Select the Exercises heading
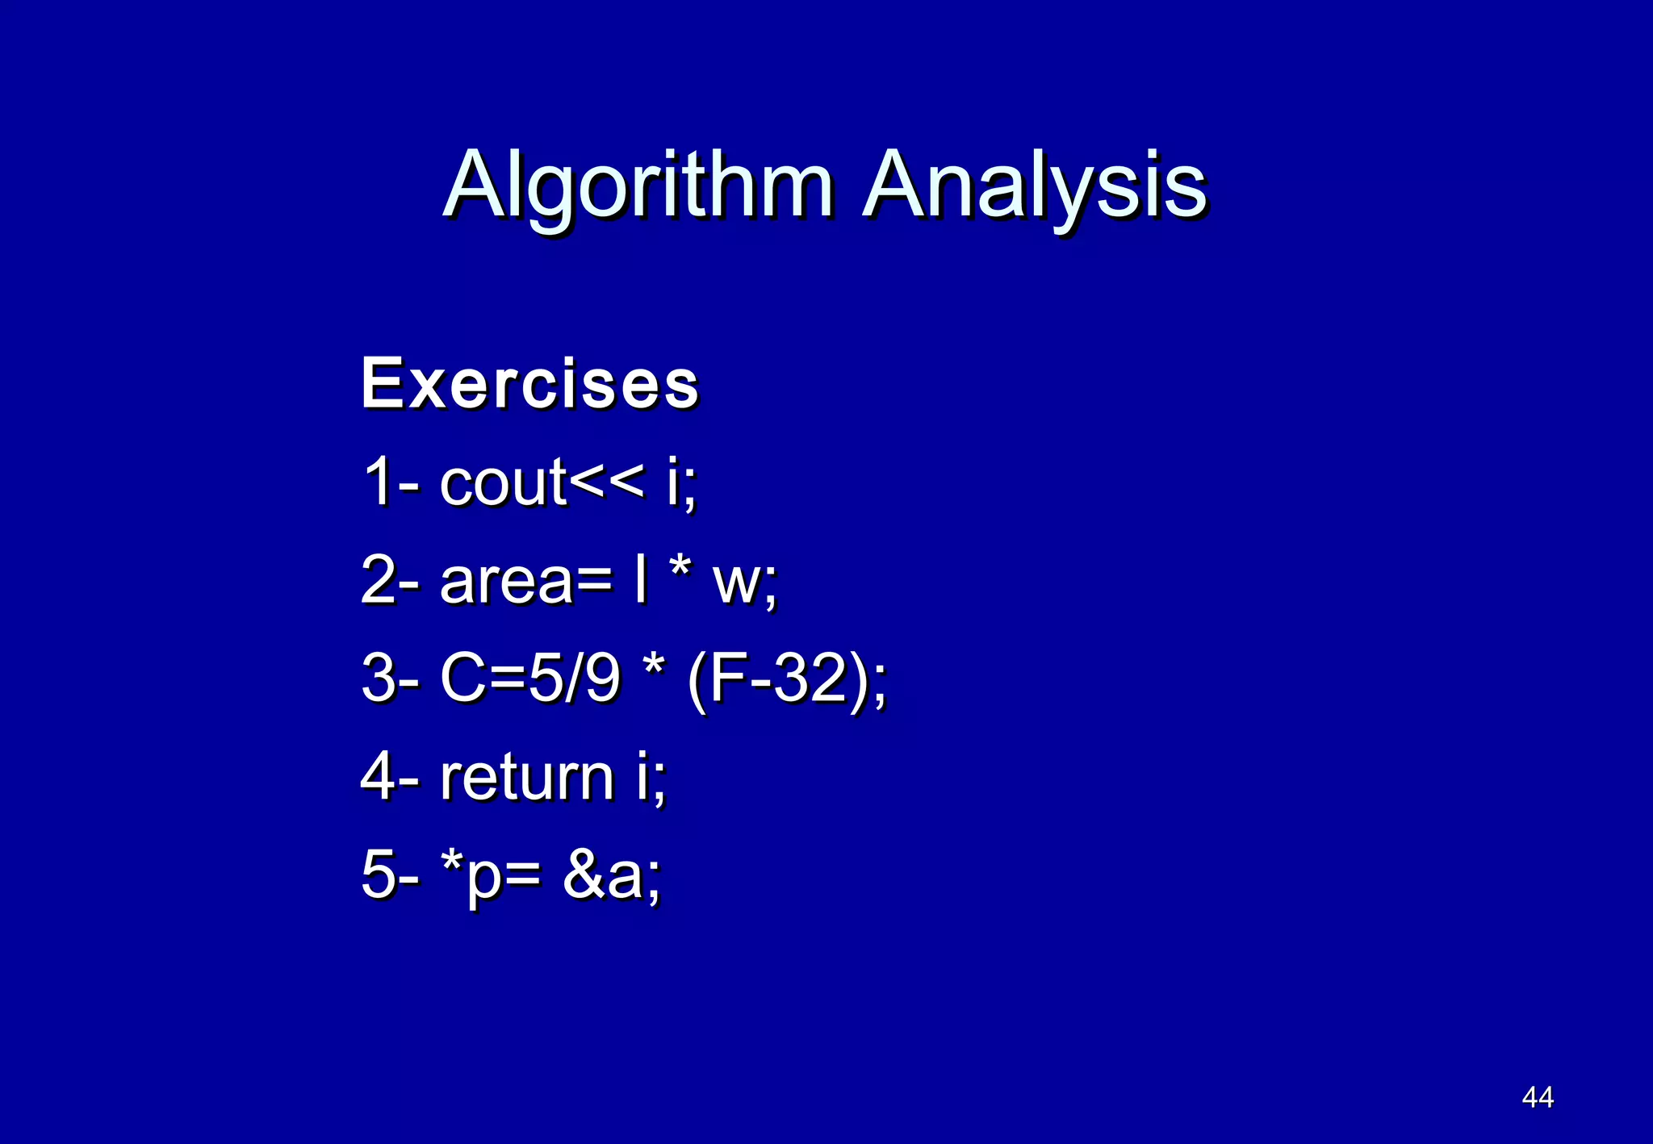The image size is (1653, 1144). click(x=529, y=384)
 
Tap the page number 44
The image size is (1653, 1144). click(x=1537, y=1097)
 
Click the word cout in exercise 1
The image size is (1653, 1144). click(x=504, y=482)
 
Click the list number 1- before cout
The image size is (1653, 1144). click(x=389, y=482)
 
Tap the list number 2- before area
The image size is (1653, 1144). click(x=389, y=580)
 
